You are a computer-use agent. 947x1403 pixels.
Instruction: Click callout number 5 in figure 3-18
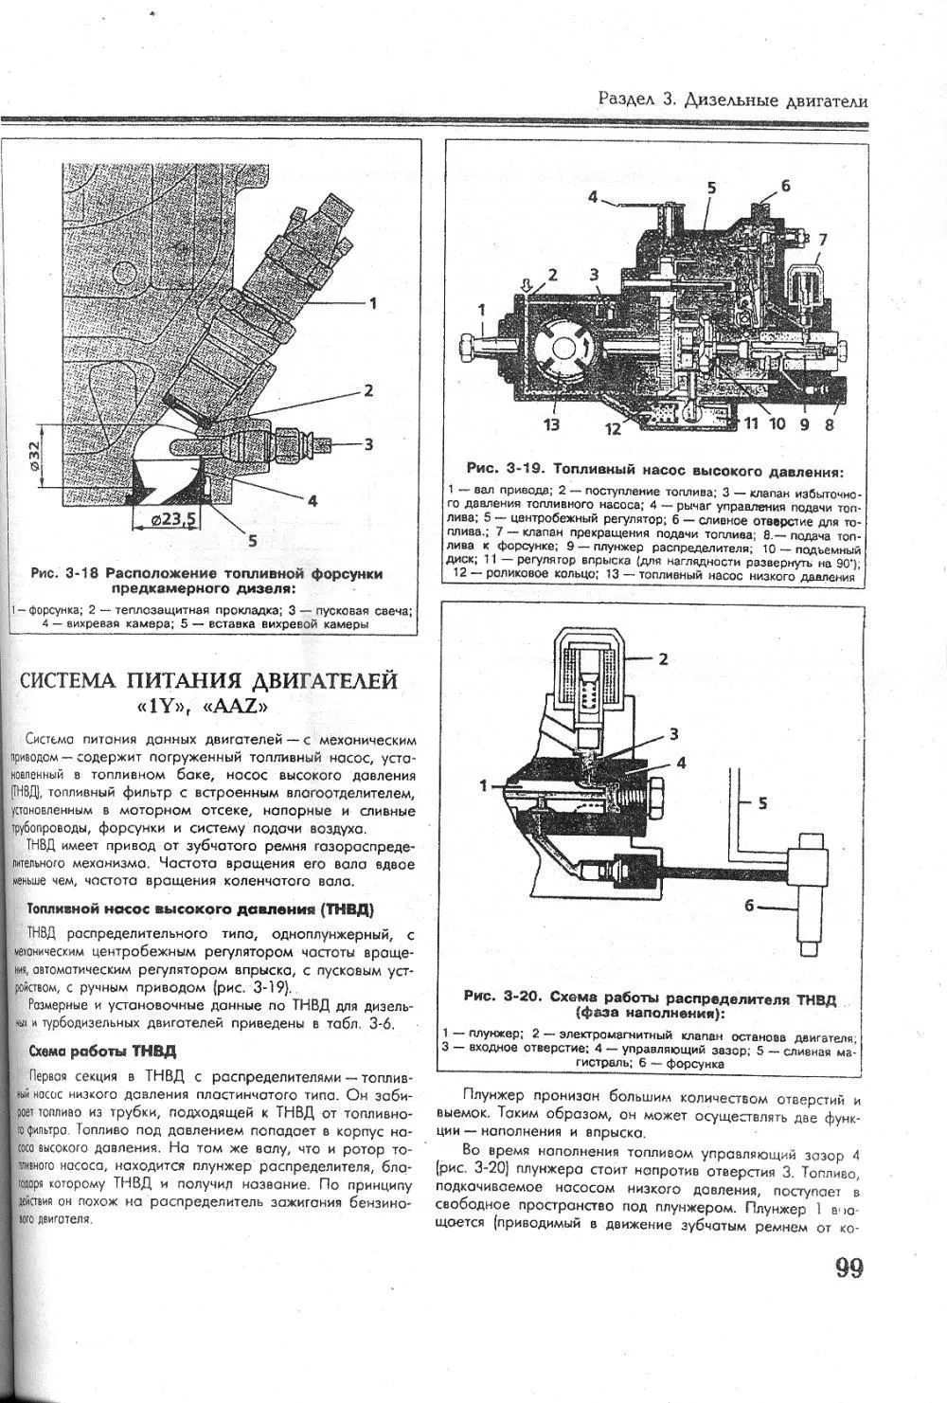coord(252,541)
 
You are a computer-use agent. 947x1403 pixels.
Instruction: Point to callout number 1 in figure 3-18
coord(372,303)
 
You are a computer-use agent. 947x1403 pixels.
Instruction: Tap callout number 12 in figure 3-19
coord(614,429)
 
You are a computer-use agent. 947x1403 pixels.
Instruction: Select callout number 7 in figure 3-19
coord(822,239)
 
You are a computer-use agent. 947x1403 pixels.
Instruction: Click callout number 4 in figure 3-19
coord(592,198)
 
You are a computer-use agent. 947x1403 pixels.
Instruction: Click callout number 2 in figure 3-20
coord(663,658)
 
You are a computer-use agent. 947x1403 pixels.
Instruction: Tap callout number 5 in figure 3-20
coord(762,803)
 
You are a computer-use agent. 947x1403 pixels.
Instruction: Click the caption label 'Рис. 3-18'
coord(65,573)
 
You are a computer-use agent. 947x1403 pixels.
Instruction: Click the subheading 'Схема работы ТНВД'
coord(102,1051)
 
